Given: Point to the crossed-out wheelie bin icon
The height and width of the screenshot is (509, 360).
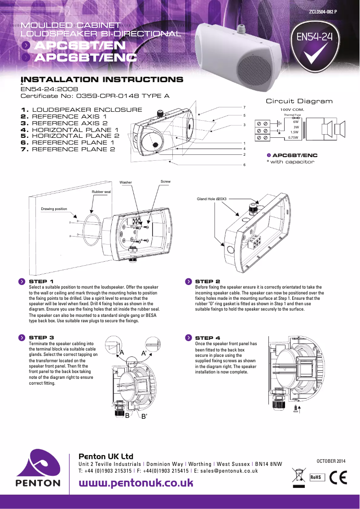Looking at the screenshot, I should click(x=298, y=477).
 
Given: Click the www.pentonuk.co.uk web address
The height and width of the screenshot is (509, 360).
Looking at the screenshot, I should click(x=136, y=483).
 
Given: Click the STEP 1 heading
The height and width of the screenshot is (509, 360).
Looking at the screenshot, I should click(x=41, y=281).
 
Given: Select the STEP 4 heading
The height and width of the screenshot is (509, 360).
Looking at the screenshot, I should click(x=207, y=338).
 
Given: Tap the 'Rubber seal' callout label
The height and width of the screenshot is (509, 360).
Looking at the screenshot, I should click(x=101, y=192).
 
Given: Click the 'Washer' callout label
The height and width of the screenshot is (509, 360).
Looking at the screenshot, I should click(x=126, y=182).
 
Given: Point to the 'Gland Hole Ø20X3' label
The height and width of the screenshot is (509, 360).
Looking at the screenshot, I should click(x=212, y=198).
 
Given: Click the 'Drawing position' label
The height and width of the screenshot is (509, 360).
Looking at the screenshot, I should click(x=54, y=209).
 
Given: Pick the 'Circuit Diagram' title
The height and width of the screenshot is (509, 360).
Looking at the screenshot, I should click(x=299, y=101).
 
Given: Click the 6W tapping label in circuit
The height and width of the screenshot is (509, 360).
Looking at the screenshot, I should click(x=295, y=122).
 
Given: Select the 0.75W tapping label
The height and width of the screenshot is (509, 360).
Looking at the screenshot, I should click(x=293, y=138).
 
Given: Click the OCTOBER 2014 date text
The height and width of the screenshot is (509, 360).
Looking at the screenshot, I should click(x=332, y=461).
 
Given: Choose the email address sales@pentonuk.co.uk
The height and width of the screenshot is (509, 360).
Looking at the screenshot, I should click(x=229, y=471).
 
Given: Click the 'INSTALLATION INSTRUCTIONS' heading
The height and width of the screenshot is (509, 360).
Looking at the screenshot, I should click(x=102, y=80).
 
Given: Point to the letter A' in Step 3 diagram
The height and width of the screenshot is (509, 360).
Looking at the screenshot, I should click(x=145, y=353).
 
